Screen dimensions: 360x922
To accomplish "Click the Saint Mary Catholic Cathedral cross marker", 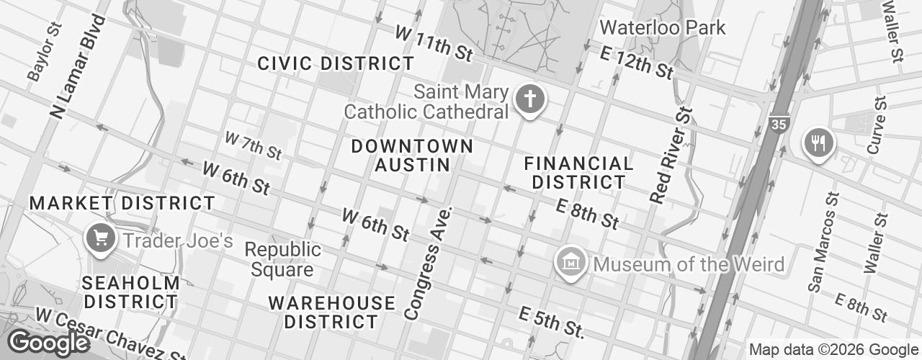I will click(x=529, y=99).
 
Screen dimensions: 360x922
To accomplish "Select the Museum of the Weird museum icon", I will click(x=571, y=263).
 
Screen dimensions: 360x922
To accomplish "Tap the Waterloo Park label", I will click(x=663, y=28).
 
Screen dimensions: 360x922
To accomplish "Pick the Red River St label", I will click(x=670, y=156).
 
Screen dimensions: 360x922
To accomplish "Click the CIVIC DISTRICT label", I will click(x=336, y=63).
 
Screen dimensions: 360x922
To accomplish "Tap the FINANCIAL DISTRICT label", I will click(x=578, y=173).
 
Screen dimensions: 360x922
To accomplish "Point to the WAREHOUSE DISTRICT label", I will click(x=331, y=312).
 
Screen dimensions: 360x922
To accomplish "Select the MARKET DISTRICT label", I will click(x=122, y=203).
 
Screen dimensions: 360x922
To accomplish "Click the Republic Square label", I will click(x=282, y=260).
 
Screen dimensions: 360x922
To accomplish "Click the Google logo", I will click(x=48, y=343).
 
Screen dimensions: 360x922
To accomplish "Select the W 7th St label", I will click(x=253, y=145).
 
